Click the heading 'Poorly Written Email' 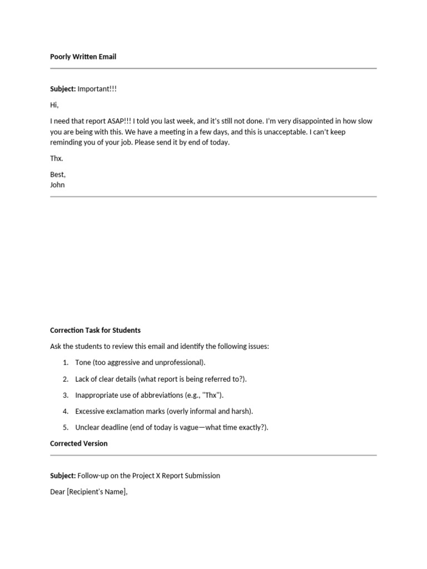tap(83, 57)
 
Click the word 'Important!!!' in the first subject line tap(97, 89)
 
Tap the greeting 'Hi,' tap(54, 105)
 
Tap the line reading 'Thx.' tap(57, 158)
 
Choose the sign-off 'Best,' tap(58, 174)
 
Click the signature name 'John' tap(57, 185)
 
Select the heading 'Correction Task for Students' tap(95, 330)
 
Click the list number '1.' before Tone tap(66, 363)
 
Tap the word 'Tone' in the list tap(84, 363)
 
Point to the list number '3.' tap(66, 395)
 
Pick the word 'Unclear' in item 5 tap(88, 427)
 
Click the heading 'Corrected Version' tap(79, 443)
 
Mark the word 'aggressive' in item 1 tap(132, 363)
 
